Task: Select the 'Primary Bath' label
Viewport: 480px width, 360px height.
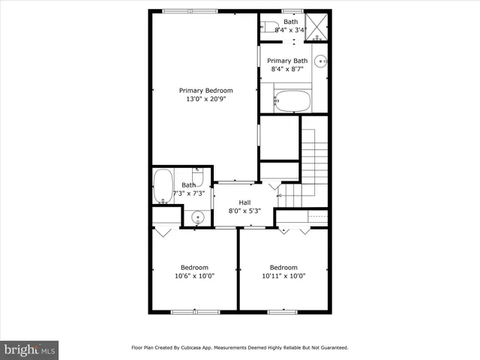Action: [x=287, y=61]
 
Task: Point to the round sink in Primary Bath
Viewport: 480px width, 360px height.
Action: [x=320, y=61]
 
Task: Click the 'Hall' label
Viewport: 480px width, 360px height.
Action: [x=244, y=202]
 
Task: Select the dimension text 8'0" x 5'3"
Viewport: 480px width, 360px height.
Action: [x=244, y=211]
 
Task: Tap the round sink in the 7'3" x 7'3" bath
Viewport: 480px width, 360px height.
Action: [x=196, y=217]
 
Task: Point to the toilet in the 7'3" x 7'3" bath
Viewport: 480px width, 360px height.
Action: [x=196, y=178]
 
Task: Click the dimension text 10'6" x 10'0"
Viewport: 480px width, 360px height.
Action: [x=194, y=276]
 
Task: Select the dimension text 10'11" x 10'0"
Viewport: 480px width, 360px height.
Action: [x=283, y=276]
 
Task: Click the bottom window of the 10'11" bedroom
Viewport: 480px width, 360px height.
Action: [x=283, y=311]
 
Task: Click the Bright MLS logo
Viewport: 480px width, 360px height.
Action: [x=30, y=349]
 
